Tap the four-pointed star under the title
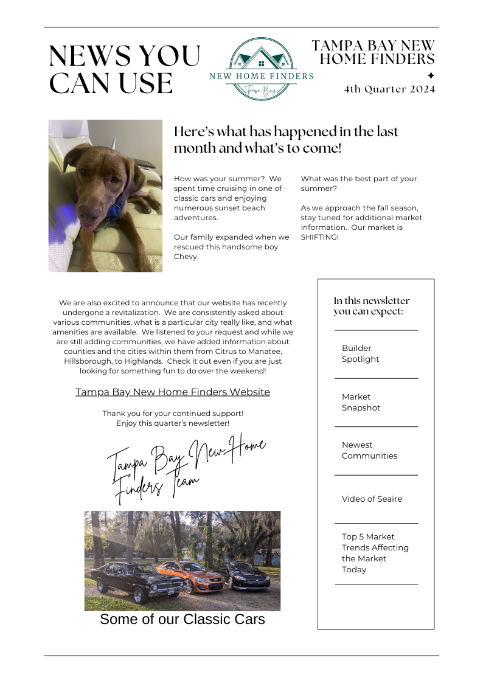(431, 75)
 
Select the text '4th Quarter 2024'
(389, 89)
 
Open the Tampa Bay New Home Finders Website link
(173, 392)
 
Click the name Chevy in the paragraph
(186, 257)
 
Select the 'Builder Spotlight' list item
(360, 353)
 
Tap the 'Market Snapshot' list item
(361, 402)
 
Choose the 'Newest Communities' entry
(369, 450)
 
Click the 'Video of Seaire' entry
(372, 499)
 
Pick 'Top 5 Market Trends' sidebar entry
(375, 553)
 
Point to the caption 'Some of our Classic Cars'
(182, 619)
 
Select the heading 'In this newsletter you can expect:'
(371, 306)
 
